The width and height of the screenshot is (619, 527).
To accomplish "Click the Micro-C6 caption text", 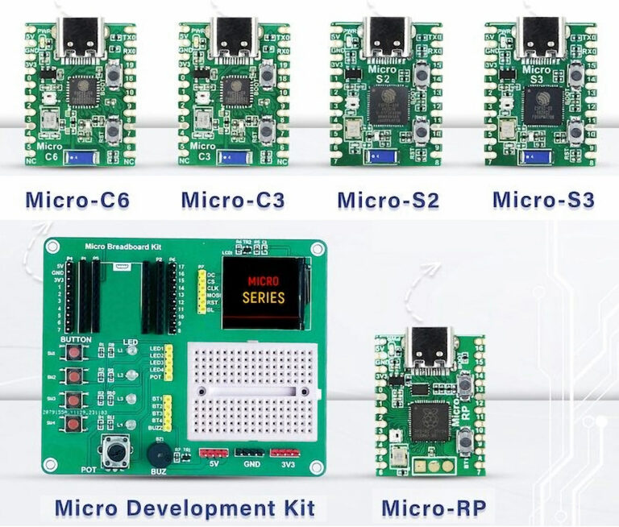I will click(x=77, y=199).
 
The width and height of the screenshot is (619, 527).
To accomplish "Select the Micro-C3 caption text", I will click(x=232, y=199).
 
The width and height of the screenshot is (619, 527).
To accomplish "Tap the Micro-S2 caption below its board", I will click(x=388, y=199).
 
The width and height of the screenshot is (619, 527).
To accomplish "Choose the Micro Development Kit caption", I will click(x=185, y=508).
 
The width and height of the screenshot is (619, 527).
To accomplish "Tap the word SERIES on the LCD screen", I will click(x=263, y=297).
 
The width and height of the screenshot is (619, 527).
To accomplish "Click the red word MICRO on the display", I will click(x=263, y=282).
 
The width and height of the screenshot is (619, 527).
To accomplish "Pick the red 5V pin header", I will click(x=214, y=453).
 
